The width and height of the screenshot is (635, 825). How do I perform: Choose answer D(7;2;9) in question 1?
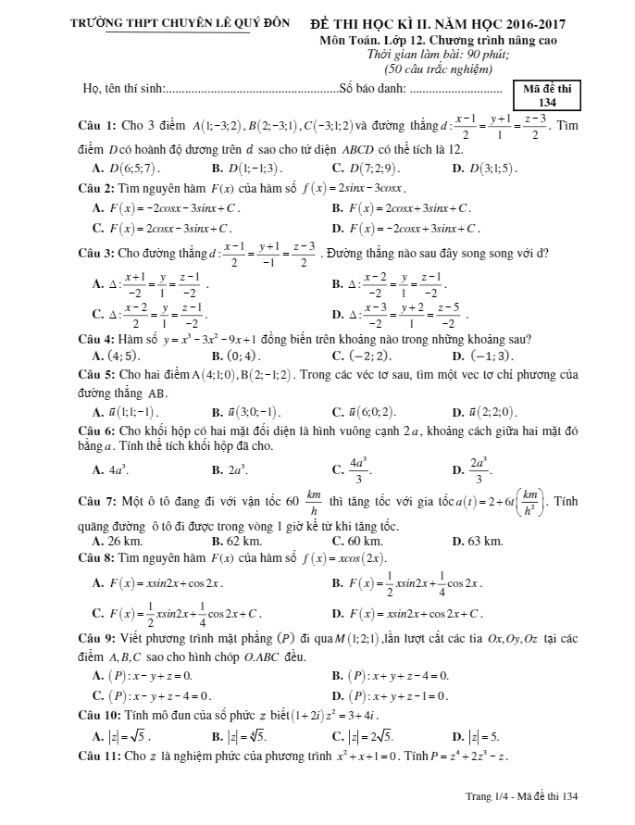click(x=367, y=169)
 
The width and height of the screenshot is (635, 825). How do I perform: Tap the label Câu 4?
click(x=97, y=339)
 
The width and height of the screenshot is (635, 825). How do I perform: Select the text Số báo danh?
click(x=372, y=90)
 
